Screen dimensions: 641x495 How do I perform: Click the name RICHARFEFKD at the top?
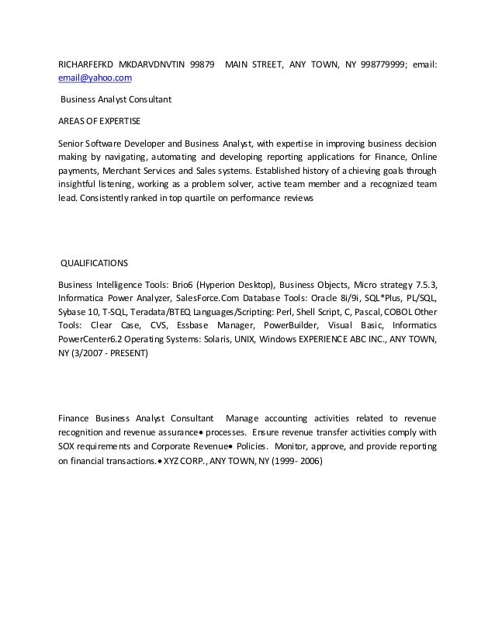[86, 64]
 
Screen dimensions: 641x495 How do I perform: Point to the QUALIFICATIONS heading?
[96, 263]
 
